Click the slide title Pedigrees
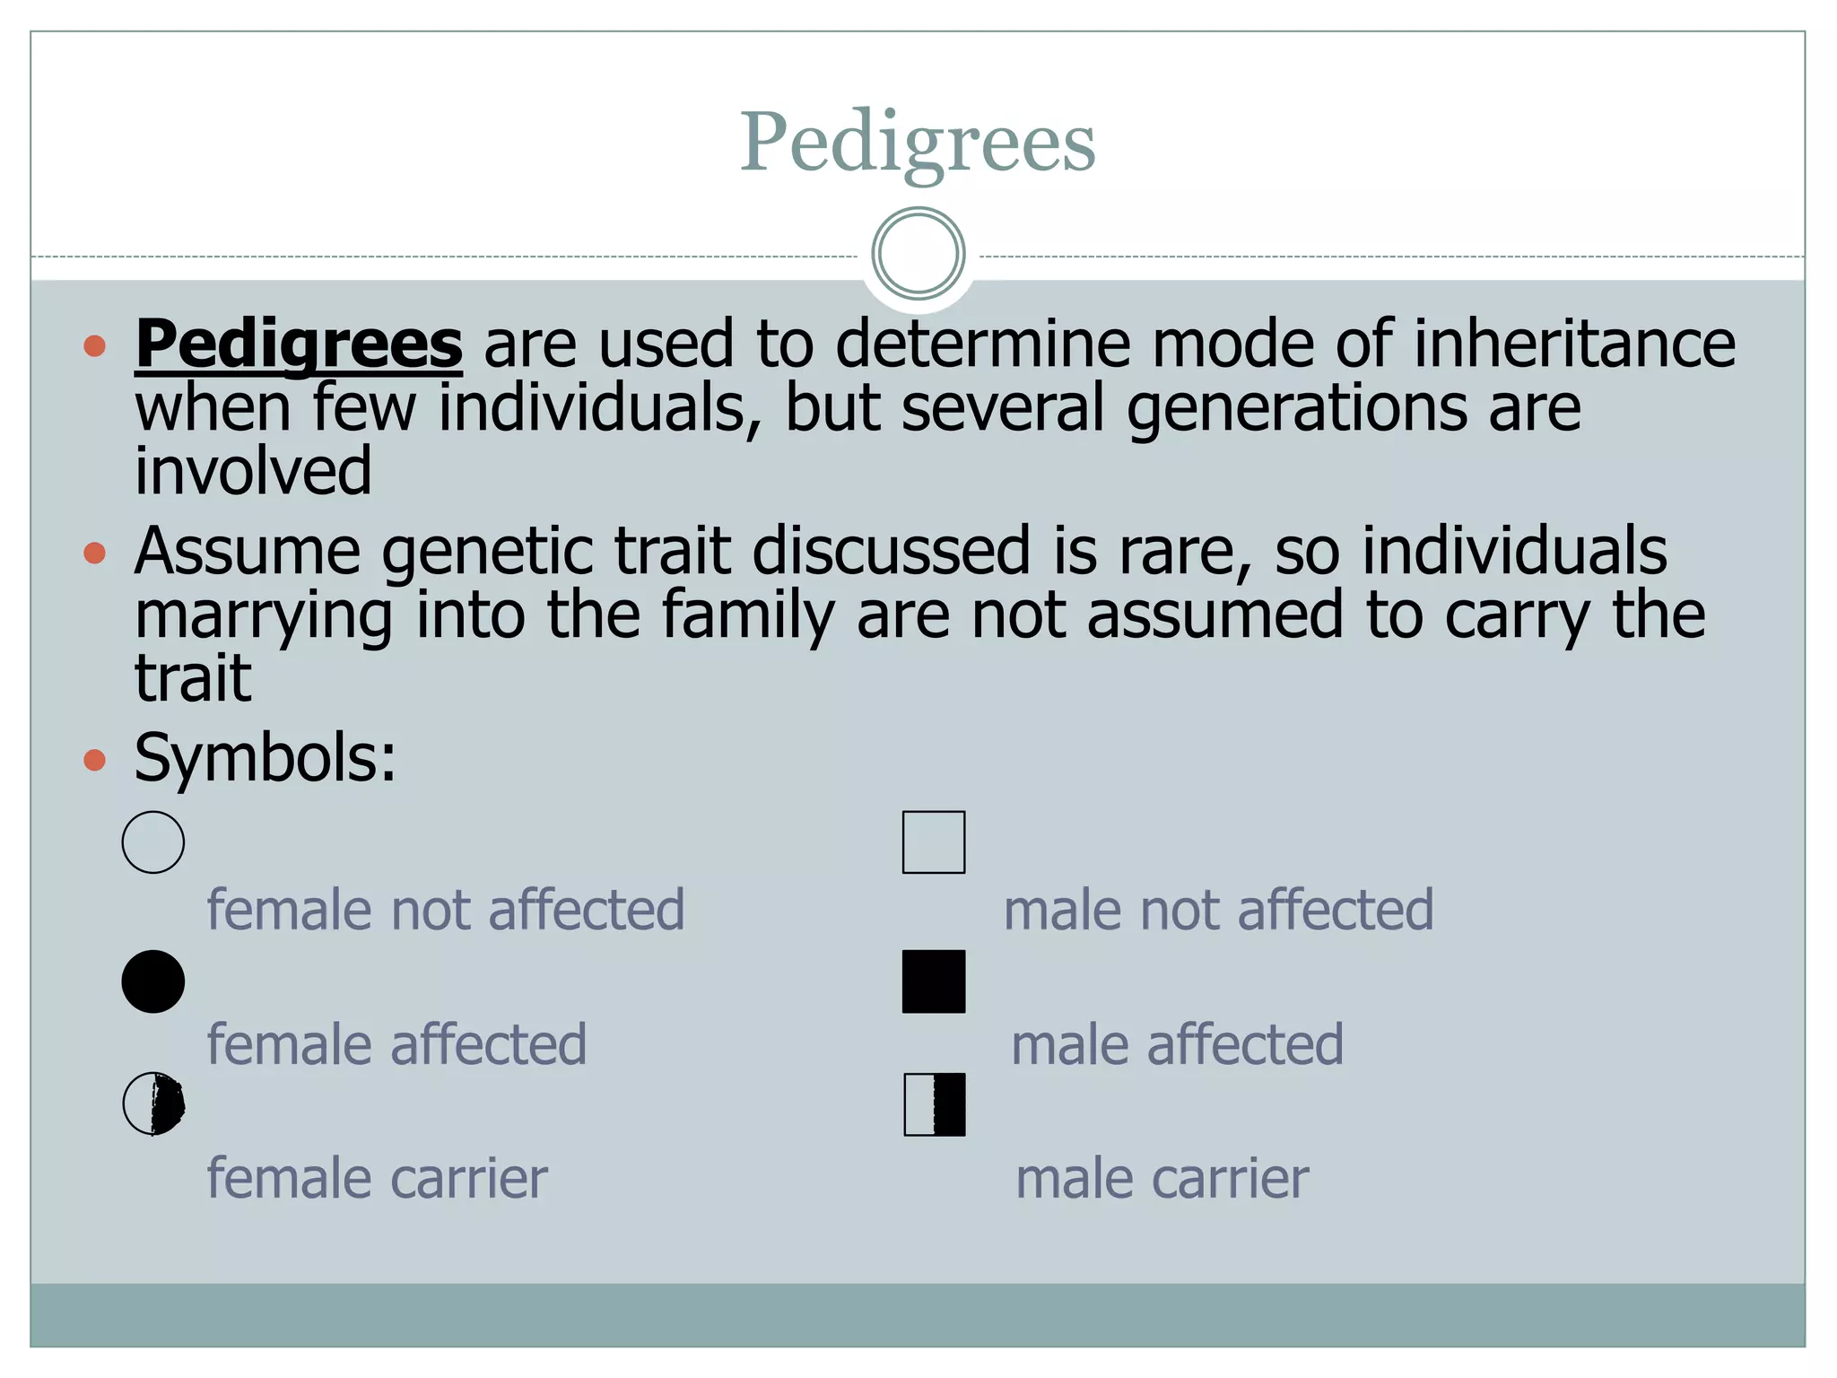coord(917,142)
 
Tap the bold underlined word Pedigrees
coord(299,344)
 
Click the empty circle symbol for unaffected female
coord(153,842)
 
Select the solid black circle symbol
coord(153,981)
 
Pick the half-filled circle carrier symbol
coord(153,1103)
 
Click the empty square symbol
coord(934,842)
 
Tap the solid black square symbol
coord(934,981)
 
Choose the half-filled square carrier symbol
coord(935,1104)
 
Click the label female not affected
coord(446,910)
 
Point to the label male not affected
coord(1218,910)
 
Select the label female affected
coord(396,1044)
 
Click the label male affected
coord(1177,1044)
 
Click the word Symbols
coord(265,759)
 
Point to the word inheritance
coord(1574,344)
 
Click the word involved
coord(253,471)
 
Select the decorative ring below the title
coord(918,254)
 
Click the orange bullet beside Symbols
coord(94,761)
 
